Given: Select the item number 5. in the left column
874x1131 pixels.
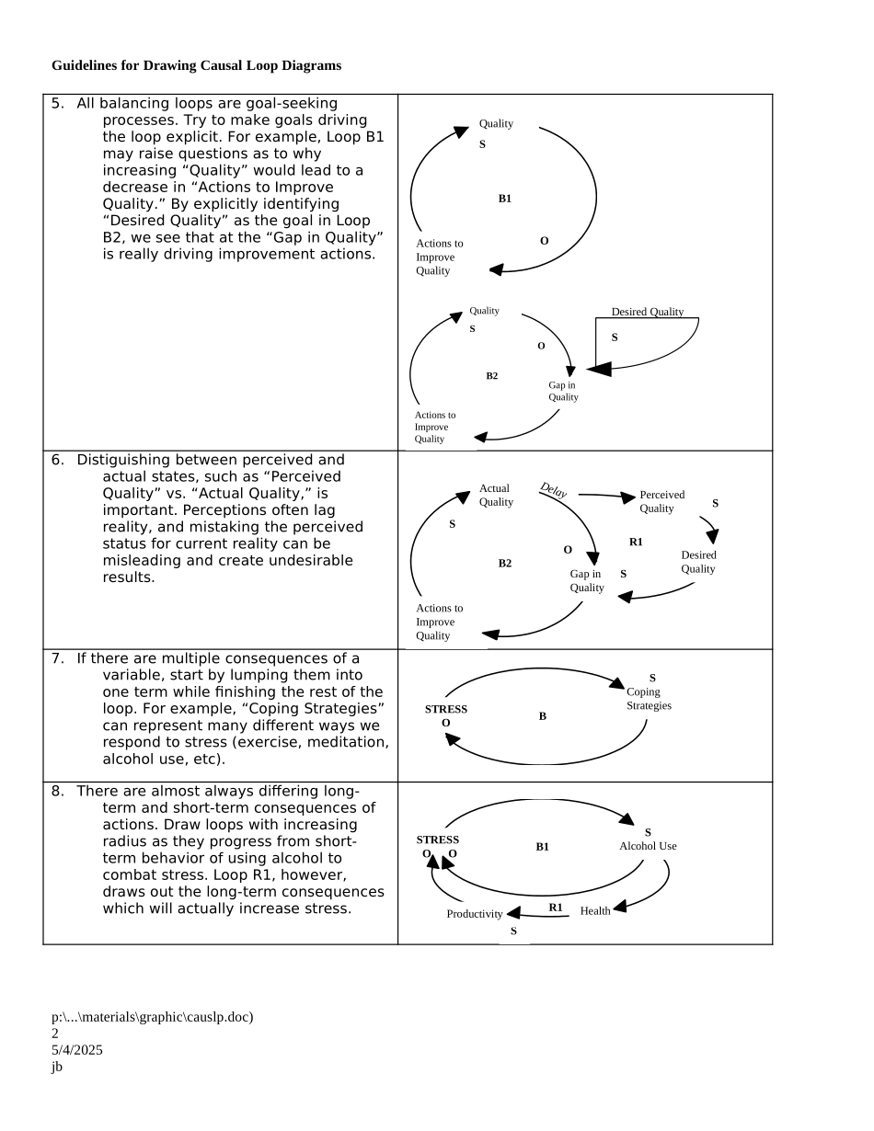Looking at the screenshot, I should click(57, 104).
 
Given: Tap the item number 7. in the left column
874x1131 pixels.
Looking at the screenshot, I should click(57, 659).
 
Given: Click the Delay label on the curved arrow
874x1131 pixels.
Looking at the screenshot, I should click(553, 491).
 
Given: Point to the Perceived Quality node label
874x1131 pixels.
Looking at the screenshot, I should click(661, 502).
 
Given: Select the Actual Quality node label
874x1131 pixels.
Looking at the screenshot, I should click(496, 496).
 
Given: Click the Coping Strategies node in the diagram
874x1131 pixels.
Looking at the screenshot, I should click(649, 699).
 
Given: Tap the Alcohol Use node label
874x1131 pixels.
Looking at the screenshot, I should click(648, 846).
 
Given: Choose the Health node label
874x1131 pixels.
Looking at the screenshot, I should click(595, 911).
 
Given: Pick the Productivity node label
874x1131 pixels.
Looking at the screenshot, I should click(475, 914).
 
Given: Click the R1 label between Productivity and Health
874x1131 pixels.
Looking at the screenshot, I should click(556, 908).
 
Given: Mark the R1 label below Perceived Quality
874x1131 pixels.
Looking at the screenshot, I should click(636, 543).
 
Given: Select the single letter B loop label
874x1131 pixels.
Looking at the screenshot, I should click(543, 716).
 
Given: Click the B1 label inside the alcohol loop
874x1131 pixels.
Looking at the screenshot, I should click(543, 847).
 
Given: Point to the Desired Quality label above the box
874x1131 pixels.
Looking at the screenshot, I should click(648, 313).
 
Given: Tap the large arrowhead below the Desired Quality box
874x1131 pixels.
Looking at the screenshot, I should click(599, 369).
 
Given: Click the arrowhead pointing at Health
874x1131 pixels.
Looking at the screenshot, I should click(619, 907).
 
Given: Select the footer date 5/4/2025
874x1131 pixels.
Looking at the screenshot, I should click(77, 1050).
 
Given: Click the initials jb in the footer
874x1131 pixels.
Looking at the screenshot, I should click(57, 1067).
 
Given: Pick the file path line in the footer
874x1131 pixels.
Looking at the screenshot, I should click(152, 1017).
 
